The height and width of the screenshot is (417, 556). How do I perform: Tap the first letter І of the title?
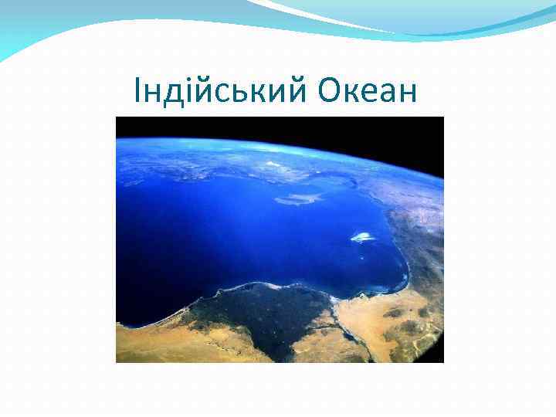click(137, 91)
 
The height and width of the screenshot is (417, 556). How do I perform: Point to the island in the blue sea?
click(300, 198)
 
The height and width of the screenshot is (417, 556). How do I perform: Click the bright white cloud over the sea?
click(363, 237)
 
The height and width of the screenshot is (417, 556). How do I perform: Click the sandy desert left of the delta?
click(154, 340)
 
